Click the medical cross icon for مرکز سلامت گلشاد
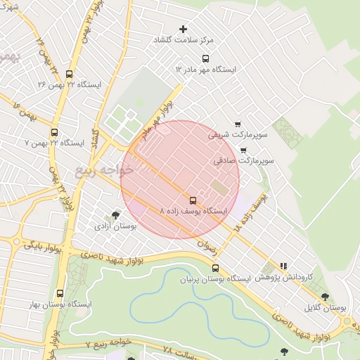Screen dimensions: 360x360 pyautogui.click(x=184, y=29)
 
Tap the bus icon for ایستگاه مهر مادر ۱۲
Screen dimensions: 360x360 pyautogui.click(x=205, y=58)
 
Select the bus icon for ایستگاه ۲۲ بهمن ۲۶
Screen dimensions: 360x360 pyautogui.click(x=68, y=73)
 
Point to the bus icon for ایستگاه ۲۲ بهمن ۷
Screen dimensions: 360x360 pyautogui.click(x=54, y=131)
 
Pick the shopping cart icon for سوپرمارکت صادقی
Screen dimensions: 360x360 pyautogui.click(x=243, y=150)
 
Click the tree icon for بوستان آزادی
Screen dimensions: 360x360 pyautogui.click(x=115, y=215)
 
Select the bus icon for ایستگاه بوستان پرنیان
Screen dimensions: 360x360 pyautogui.click(x=215, y=267)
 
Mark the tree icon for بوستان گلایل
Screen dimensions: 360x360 pyautogui.click(x=324, y=297)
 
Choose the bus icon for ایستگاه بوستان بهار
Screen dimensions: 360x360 pyautogui.click(x=58, y=293)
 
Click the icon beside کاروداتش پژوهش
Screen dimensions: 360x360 pyautogui.click(x=283, y=266)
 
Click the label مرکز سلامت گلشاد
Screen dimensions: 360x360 pyautogui.click(x=184, y=41)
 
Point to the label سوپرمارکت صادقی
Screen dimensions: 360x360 pyautogui.click(x=244, y=161)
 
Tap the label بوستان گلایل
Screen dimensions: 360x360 pyautogui.click(x=326, y=308)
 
